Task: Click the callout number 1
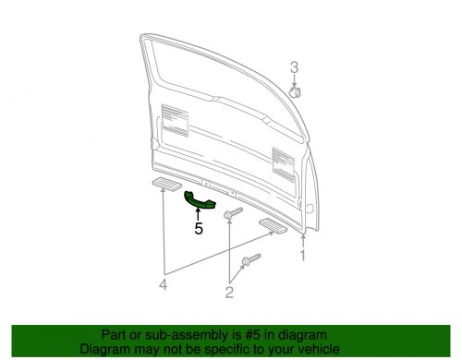click(301, 255)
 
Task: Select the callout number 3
click(295, 67)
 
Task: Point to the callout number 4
click(164, 283)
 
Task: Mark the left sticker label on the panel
click(173, 119)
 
